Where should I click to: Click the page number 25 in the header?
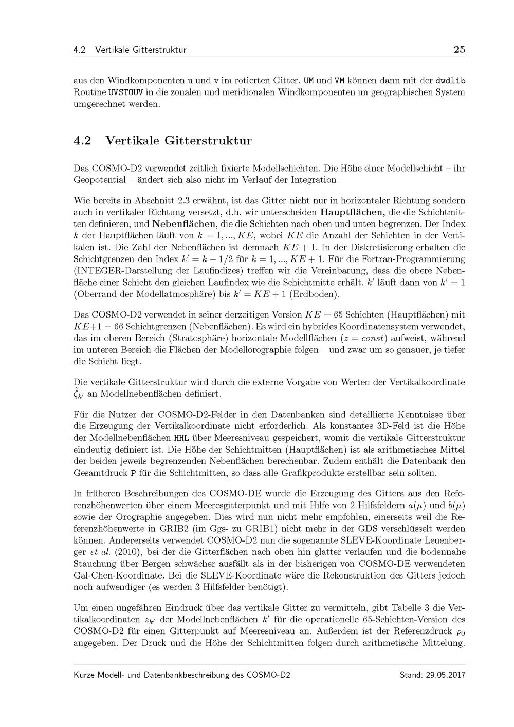pos(459,50)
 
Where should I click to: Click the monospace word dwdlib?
pos(450,81)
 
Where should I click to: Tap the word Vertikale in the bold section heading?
pos(131,140)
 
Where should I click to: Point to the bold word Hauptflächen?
pos(352,212)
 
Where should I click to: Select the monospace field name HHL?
pos(181,438)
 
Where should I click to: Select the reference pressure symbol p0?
pos(460,631)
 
